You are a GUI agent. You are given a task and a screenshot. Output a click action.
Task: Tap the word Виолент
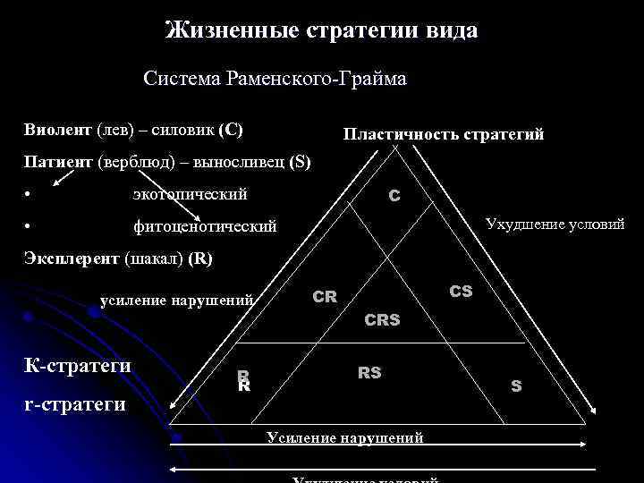pos(57,130)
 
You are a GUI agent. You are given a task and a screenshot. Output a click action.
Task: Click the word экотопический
pos(190,194)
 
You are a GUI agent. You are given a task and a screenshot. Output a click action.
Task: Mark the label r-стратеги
pos(72,404)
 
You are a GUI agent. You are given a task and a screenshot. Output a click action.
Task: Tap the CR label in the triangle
pos(325,296)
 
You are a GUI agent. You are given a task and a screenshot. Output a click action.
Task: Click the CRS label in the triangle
pos(382,319)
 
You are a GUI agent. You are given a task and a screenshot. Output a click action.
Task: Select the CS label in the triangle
pos(461,292)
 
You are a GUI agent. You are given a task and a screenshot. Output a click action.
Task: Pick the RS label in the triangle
pos(369,372)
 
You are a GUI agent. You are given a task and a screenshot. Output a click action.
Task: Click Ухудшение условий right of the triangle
pos(555,224)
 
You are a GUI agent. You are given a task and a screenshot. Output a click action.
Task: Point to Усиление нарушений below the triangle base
pos(345,437)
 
